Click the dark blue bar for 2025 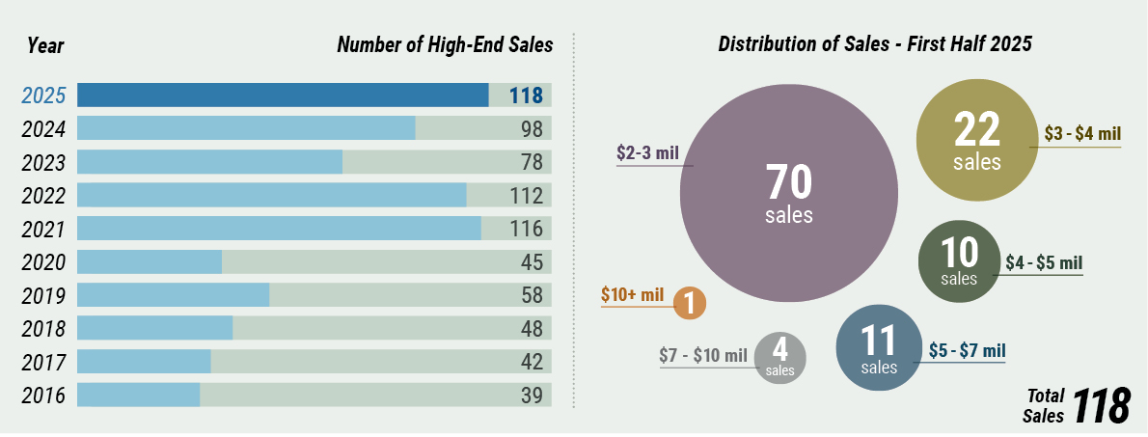283,95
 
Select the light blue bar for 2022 271,195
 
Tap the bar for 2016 138,395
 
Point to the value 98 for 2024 527,128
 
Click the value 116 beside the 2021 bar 526,229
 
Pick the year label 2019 43,295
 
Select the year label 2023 43,162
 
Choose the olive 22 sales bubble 976,139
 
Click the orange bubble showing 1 689,303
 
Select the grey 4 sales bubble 779,357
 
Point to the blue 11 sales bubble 879,347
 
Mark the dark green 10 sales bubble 959,260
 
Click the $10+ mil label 632,294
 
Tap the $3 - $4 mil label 1082,134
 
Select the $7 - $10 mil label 703,355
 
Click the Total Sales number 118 1101,407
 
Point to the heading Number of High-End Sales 445,44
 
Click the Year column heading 45,44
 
